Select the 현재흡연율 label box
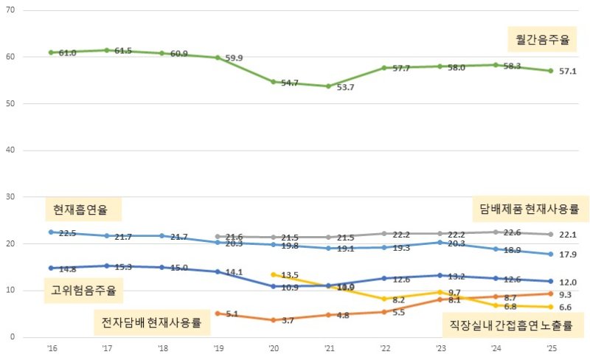[80, 210]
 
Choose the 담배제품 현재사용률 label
[529, 209]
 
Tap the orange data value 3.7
[288, 320]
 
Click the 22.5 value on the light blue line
[67, 233]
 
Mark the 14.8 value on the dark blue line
[67, 269]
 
